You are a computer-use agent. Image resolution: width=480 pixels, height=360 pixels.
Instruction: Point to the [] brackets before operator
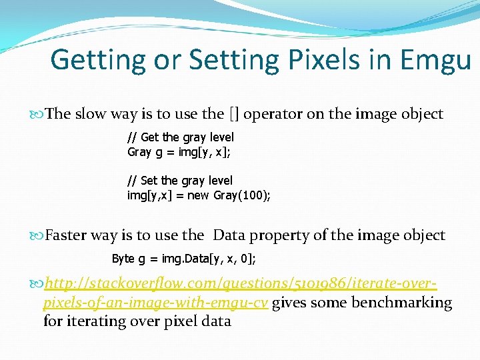[234, 114]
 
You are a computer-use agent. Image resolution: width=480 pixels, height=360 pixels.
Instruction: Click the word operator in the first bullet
[273, 114]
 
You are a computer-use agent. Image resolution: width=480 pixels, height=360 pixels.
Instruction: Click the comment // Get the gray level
[181, 138]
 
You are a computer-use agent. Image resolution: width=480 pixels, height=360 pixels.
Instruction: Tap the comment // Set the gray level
[180, 181]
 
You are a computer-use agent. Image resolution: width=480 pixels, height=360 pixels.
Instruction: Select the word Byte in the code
[123, 259]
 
